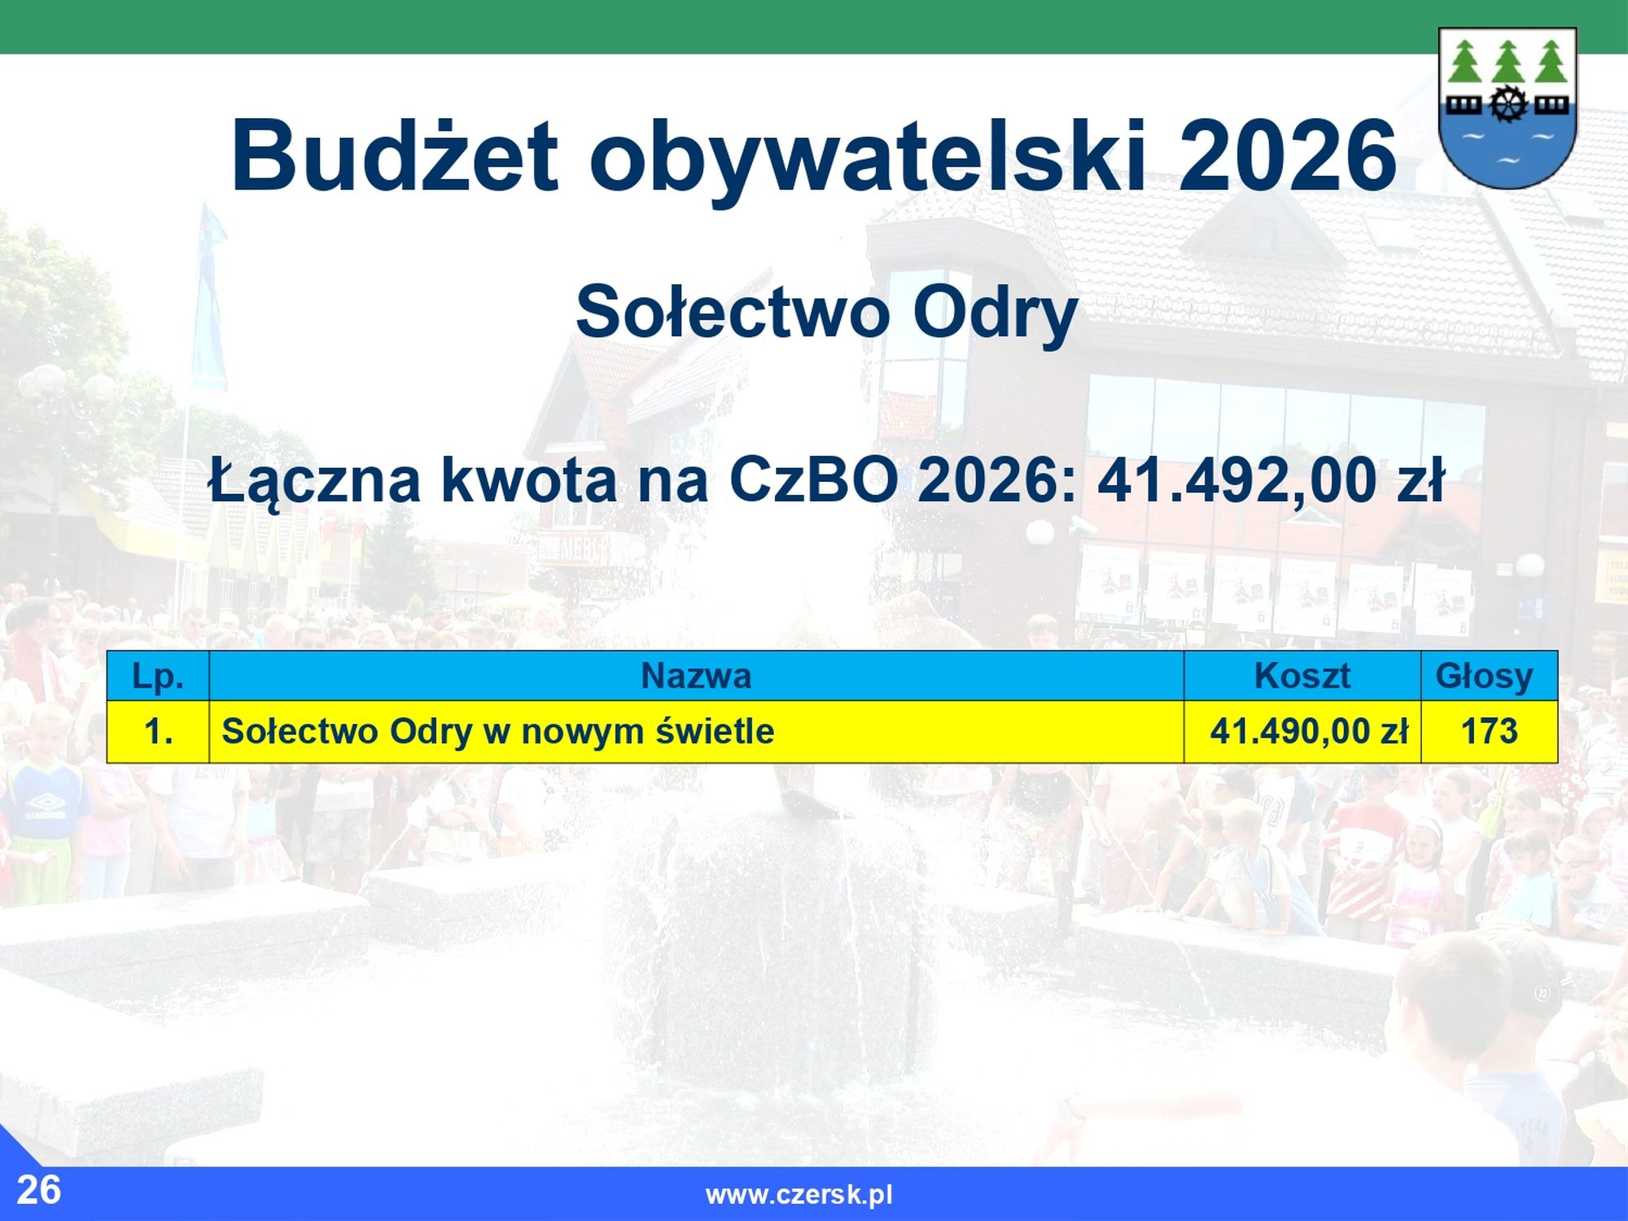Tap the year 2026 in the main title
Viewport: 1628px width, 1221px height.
1287,155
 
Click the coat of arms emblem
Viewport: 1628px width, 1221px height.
1508,108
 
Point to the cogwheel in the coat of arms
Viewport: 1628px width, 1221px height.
1508,103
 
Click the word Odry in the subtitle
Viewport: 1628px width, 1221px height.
995,314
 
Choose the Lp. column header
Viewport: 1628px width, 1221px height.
158,676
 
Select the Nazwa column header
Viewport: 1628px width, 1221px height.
696,676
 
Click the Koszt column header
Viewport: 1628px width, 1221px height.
1302,676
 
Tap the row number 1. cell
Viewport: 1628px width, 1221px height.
158,731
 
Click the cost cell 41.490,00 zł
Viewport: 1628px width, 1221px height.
1302,731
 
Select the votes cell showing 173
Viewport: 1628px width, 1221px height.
1489,731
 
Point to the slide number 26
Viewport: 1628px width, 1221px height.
38,1190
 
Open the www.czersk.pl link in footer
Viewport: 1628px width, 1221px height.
799,1195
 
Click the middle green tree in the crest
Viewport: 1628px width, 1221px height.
1508,60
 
